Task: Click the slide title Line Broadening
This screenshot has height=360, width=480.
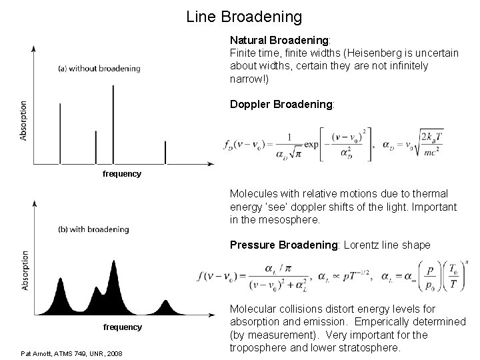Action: [x=244, y=16]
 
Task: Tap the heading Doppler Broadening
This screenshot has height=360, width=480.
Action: [x=282, y=105]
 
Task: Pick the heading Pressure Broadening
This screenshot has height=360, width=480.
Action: [x=285, y=245]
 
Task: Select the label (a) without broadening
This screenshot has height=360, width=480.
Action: [x=99, y=68]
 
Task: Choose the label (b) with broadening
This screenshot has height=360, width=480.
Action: [x=93, y=229]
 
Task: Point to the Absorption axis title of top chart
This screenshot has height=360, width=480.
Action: [x=24, y=120]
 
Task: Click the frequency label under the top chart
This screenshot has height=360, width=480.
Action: [x=122, y=174]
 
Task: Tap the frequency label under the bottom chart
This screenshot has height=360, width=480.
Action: [x=122, y=327]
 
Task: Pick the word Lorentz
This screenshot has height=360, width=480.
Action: [x=365, y=245]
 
